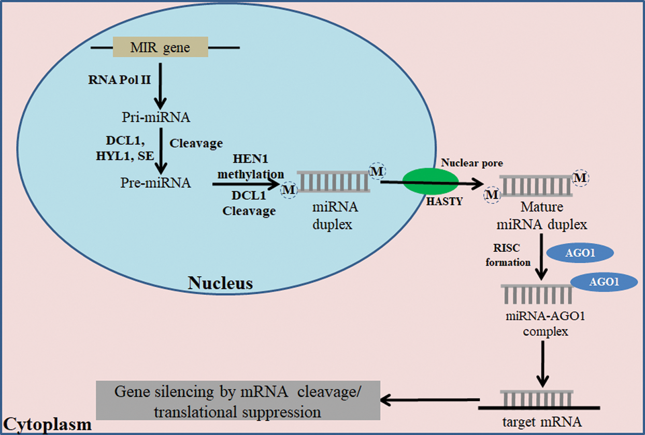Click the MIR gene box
pos(161,48)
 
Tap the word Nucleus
pos(220,283)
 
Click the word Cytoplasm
pos(48,425)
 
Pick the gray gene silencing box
pos(238,400)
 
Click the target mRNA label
pos(541,422)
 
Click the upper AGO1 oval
pos(587,253)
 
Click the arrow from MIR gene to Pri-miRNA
pos(161,83)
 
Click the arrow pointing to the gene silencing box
pos(430,399)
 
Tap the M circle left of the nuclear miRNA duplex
pos(288,190)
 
